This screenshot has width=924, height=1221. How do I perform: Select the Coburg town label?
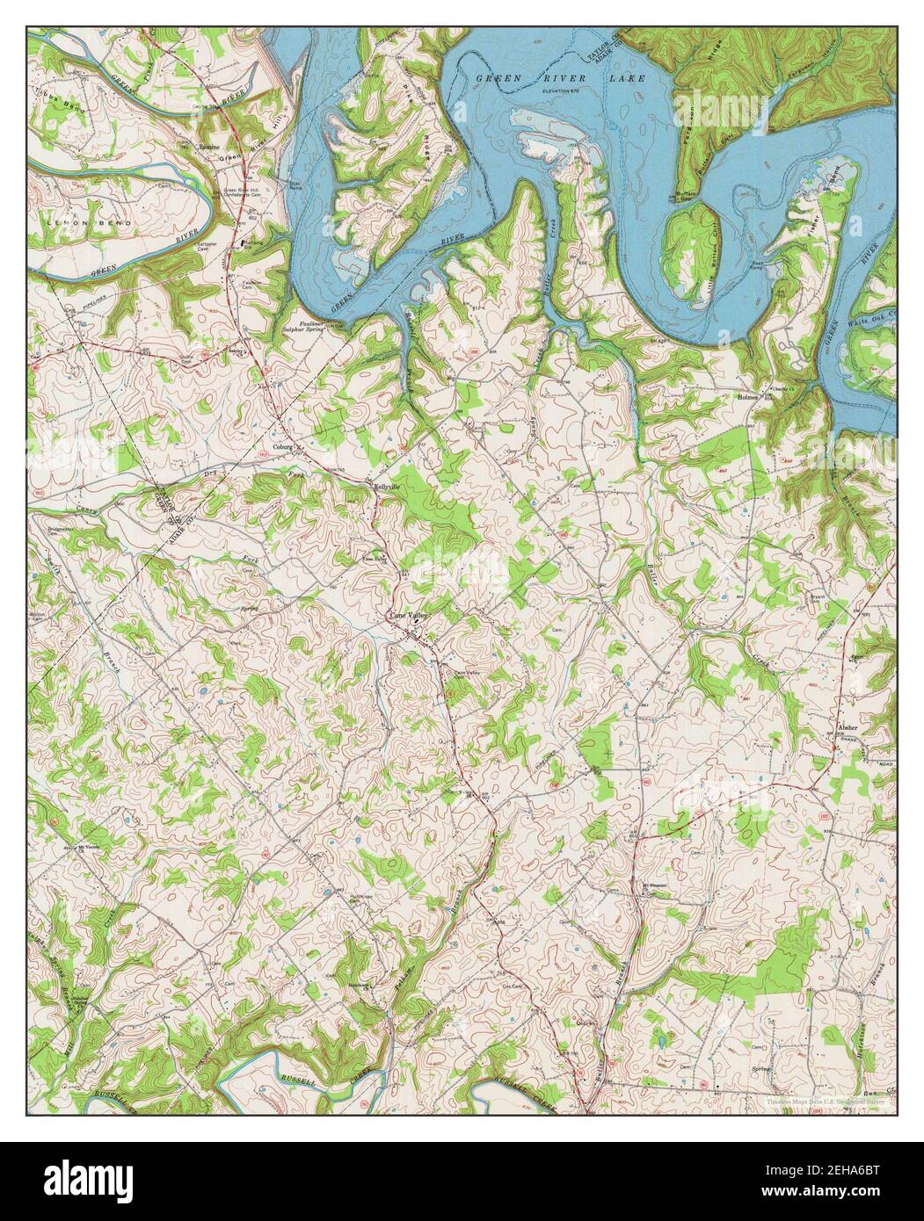click(x=281, y=445)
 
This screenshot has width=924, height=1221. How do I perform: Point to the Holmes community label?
click(x=746, y=397)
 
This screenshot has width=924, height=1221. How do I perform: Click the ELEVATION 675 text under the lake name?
click(x=567, y=90)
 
